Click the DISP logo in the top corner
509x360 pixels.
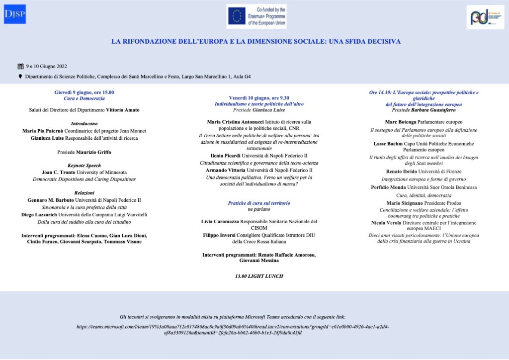click(x=15, y=14)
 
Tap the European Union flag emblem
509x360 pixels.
click(x=236, y=16)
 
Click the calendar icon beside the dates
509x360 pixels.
click(x=20, y=66)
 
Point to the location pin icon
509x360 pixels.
click(x=20, y=77)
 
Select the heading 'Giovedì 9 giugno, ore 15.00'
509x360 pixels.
click(x=84, y=92)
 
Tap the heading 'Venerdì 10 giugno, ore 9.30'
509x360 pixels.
click(x=259, y=98)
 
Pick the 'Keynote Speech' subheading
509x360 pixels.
click(x=84, y=166)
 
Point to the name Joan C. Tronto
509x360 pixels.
click(x=58, y=172)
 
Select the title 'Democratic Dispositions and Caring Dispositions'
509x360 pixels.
click(x=84, y=179)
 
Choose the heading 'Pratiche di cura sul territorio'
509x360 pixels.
click(x=259, y=203)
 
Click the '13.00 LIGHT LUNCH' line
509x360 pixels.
click(x=259, y=276)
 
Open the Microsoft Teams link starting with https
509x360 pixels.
click(x=233, y=329)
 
